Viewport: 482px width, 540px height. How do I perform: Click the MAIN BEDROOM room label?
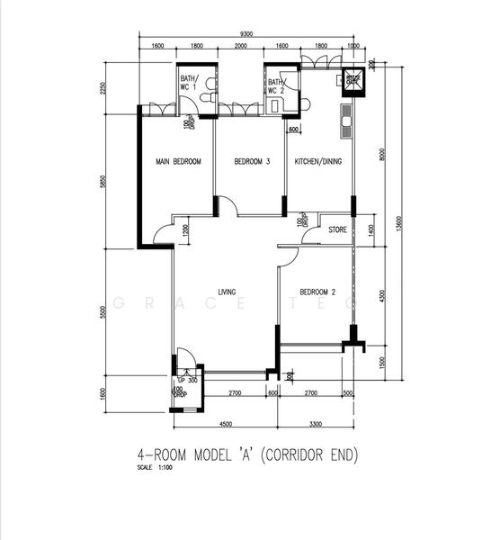tap(178, 161)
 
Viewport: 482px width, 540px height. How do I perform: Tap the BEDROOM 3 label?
tap(252, 161)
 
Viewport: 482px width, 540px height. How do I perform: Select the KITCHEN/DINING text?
tap(319, 161)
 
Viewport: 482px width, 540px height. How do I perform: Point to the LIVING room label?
tap(227, 292)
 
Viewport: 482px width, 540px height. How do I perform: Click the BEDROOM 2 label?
tap(317, 292)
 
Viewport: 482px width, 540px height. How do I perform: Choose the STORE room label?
tap(337, 229)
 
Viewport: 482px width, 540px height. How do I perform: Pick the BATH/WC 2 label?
tap(275, 86)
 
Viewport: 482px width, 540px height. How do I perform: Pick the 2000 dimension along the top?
tap(241, 45)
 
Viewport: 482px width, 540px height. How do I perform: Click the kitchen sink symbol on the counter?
tap(345, 121)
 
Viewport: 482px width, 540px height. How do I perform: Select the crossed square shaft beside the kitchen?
tap(353, 81)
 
